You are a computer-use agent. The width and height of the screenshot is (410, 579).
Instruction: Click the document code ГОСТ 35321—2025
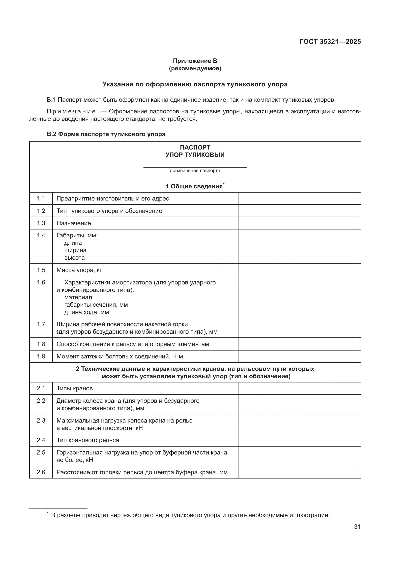330,42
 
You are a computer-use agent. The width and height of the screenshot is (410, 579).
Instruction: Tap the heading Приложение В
195,61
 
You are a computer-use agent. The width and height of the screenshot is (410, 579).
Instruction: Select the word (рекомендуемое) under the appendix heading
195,68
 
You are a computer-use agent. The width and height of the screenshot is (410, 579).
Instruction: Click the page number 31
357,527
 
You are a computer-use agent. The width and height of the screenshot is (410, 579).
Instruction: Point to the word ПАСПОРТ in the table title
195,147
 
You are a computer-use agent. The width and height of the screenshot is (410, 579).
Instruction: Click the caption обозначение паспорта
195,171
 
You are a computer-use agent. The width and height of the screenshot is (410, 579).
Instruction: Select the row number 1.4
41,235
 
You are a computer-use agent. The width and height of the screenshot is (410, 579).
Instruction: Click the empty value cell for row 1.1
299,199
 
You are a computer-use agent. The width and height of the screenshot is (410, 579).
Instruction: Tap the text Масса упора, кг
79,270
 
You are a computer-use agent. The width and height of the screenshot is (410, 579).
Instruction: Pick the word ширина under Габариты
75,251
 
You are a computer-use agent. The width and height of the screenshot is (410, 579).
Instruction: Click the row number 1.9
41,356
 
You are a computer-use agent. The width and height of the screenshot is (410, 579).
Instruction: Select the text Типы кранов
74,388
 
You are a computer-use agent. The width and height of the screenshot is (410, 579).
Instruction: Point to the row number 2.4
41,440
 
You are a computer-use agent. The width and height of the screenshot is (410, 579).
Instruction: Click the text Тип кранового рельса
88,440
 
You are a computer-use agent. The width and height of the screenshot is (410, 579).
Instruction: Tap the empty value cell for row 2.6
299,472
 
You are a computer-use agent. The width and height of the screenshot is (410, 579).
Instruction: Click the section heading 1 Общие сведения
194,186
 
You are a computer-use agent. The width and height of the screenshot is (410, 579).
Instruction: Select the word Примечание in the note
71,111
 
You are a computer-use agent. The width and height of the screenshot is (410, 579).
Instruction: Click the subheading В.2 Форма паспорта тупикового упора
106,134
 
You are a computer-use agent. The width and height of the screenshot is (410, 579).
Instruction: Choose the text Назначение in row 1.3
73,223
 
